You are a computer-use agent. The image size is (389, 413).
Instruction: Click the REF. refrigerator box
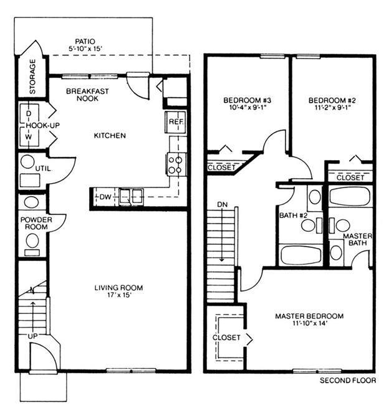pyautogui.click(x=175, y=122)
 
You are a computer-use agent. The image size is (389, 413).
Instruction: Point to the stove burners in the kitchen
pyautogui.click(x=175, y=164)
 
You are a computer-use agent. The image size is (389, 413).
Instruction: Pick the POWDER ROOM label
pyautogui.click(x=35, y=224)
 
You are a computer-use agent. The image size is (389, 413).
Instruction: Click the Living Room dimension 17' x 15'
pyautogui.click(x=118, y=295)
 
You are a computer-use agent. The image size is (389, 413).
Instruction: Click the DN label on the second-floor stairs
pyautogui.click(x=222, y=204)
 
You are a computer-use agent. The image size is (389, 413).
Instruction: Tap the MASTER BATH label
pyautogui.click(x=358, y=239)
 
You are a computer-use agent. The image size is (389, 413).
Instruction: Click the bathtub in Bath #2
pyautogui.click(x=300, y=254)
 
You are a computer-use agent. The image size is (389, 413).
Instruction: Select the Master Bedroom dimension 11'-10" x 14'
pyautogui.click(x=309, y=324)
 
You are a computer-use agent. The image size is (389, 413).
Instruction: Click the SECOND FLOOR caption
pyautogui.click(x=347, y=380)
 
